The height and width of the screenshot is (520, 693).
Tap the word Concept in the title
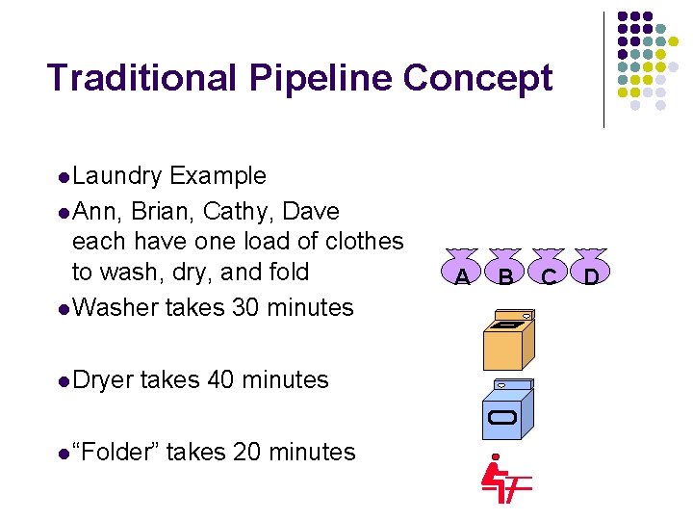click(x=478, y=79)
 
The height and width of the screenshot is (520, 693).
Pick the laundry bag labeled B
click(x=505, y=270)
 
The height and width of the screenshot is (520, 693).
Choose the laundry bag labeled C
click(x=549, y=270)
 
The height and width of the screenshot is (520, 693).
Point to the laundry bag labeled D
click(x=591, y=270)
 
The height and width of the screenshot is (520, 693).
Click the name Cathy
click(x=236, y=211)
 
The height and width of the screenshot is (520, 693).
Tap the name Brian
click(x=164, y=211)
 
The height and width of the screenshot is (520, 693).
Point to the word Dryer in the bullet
click(x=103, y=380)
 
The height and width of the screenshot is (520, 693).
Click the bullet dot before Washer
click(x=64, y=309)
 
